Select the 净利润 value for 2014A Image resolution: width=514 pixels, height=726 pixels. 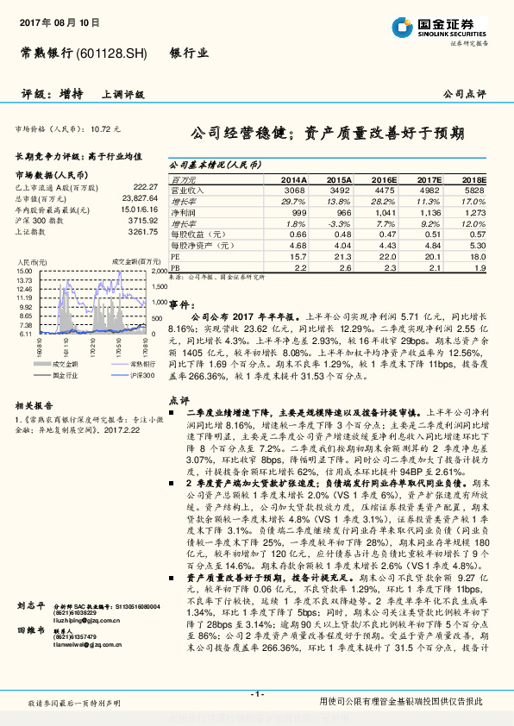coord(295,211)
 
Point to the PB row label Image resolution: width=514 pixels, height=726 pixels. coord(176,267)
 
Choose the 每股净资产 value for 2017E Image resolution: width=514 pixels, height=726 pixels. coord(429,245)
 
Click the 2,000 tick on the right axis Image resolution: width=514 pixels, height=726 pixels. coord(159,271)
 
